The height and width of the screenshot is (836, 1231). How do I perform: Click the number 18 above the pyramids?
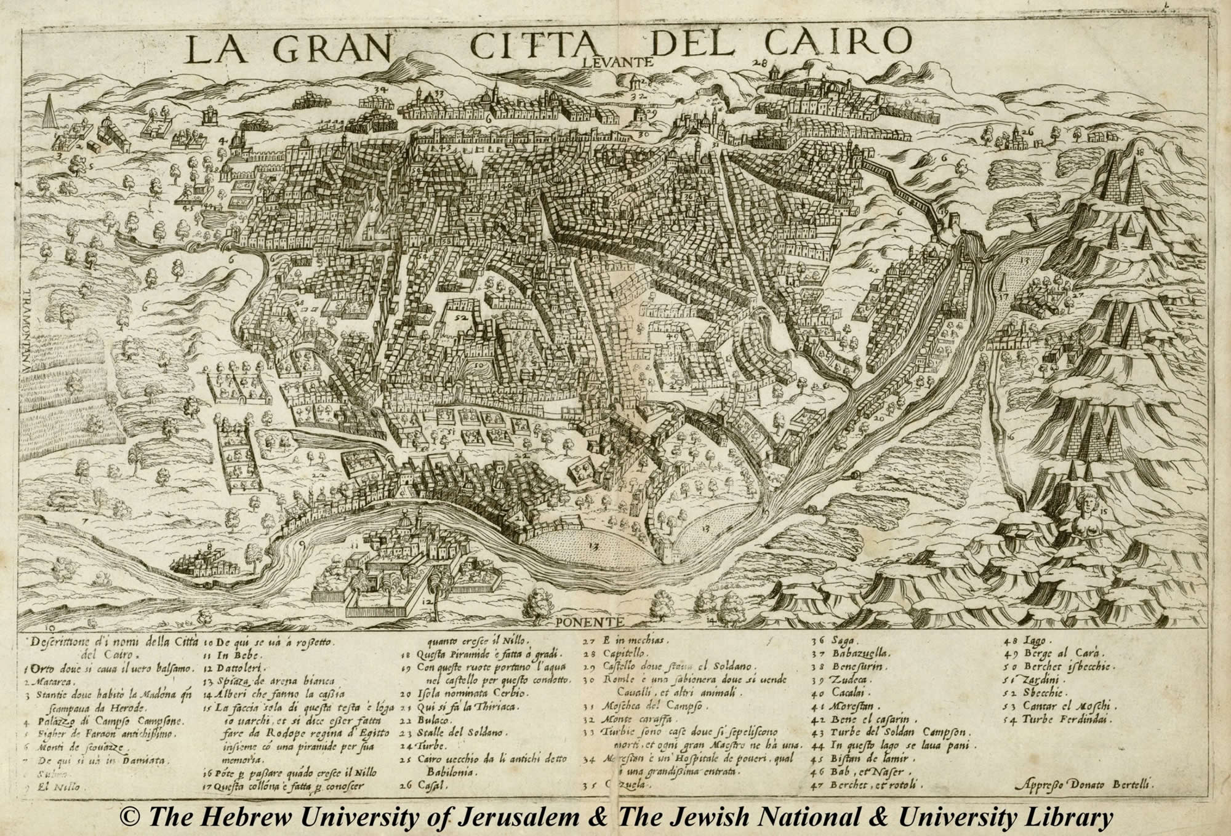(1139, 151)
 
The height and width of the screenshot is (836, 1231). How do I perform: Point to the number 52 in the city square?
(460, 317)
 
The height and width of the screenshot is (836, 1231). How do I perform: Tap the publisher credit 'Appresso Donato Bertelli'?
(1083, 783)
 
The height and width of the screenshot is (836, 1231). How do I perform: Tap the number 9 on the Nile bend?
(302, 544)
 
